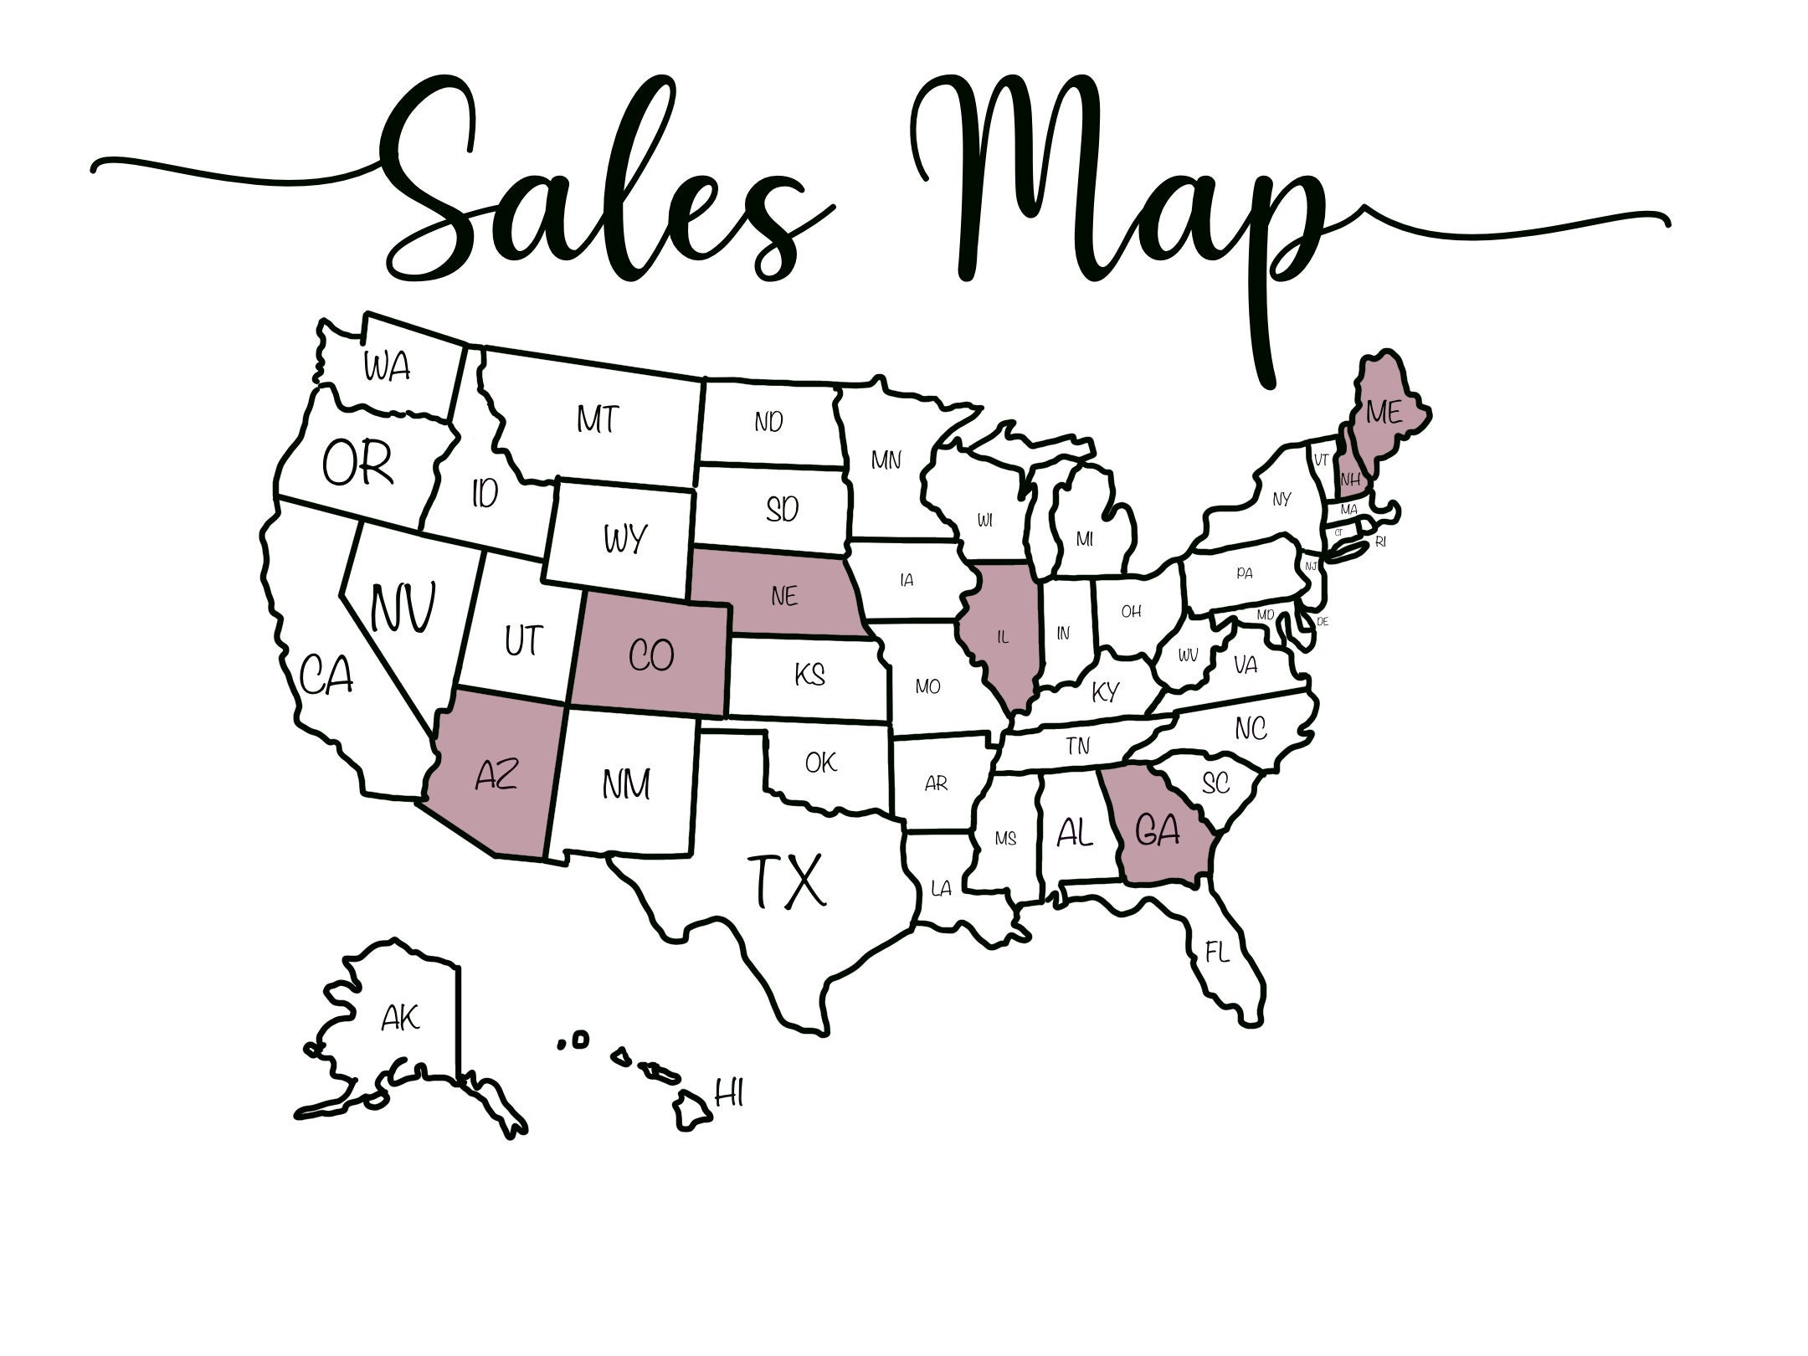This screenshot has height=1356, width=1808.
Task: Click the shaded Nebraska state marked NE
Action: click(784, 596)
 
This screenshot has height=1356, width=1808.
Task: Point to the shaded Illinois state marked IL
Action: click(1003, 637)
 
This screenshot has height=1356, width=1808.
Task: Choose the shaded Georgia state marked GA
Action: click(1158, 831)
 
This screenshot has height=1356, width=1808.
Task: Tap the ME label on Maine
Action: click(1383, 412)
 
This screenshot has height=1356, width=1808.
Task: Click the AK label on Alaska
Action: click(400, 1019)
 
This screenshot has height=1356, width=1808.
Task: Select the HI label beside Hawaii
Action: click(729, 1093)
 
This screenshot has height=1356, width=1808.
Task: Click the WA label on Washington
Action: click(387, 367)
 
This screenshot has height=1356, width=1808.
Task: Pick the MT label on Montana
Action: click(598, 419)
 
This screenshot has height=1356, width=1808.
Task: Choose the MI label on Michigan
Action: click(1085, 540)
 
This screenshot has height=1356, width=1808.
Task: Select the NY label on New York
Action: click(1282, 500)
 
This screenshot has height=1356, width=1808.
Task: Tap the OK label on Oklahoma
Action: click(820, 763)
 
